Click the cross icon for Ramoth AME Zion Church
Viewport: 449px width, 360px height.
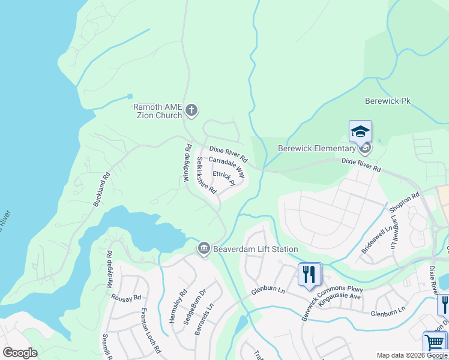(x=191, y=109)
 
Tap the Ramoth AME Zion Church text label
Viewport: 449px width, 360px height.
(x=157, y=111)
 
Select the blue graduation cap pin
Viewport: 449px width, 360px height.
(x=361, y=131)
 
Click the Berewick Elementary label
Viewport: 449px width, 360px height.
(x=317, y=149)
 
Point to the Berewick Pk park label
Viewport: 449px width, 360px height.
(x=387, y=102)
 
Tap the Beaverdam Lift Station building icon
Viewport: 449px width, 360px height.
(x=204, y=248)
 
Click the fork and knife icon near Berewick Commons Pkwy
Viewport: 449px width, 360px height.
(x=310, y=274)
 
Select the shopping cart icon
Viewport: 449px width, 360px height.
(x=435, y=343)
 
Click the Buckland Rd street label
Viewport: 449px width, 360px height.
(x=102, y=190)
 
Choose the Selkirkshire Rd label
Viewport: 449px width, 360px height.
(x=206, y=175)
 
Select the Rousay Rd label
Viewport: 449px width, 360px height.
(x=128, y=298)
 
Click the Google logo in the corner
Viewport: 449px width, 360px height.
(x=20, y=353)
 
